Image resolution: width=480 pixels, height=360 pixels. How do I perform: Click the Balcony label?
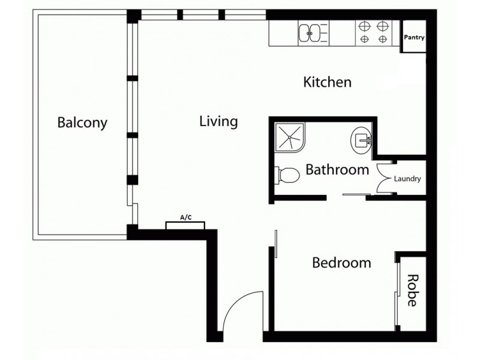click(82, 123)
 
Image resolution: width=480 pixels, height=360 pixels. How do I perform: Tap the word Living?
click(218, 122)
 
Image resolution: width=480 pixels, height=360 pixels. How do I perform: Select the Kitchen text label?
click(327, 82)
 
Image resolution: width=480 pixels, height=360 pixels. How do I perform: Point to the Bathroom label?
click(337, 170)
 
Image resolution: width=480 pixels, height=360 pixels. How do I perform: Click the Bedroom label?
click(341, 263)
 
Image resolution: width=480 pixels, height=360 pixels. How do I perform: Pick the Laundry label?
click(407, 179)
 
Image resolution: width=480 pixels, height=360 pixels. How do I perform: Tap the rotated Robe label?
click(412, 290)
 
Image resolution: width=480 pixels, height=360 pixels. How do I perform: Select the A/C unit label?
click(185, 218)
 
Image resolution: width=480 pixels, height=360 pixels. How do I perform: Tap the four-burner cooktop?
click(373, 34)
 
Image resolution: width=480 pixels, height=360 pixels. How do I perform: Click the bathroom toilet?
click(287, 175)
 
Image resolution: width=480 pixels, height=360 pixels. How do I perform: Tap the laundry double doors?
click(384, 179)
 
